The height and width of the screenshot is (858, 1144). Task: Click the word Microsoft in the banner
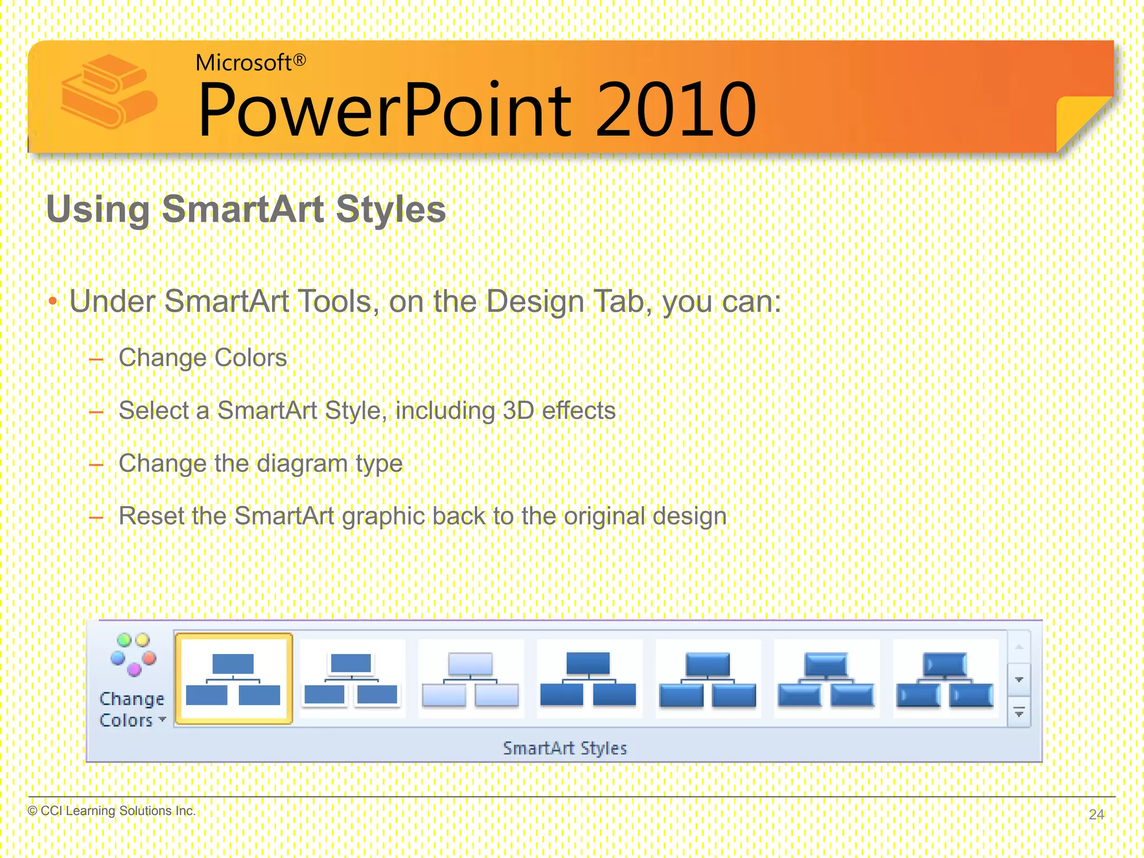243,63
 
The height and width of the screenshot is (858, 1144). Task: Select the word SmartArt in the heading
243,209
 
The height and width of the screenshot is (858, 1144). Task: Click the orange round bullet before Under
53,302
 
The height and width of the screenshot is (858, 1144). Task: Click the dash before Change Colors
97,360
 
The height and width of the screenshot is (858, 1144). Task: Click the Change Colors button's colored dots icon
133,654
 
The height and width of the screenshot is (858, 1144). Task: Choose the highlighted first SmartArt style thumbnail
233,679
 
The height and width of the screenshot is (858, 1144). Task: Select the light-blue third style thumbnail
470,679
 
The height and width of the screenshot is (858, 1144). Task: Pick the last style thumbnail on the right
945,679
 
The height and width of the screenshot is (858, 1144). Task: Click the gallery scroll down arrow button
1019,680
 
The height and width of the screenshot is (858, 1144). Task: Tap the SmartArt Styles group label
565,748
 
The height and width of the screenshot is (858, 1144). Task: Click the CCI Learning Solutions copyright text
112,811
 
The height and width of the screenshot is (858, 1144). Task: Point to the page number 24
1096,814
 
